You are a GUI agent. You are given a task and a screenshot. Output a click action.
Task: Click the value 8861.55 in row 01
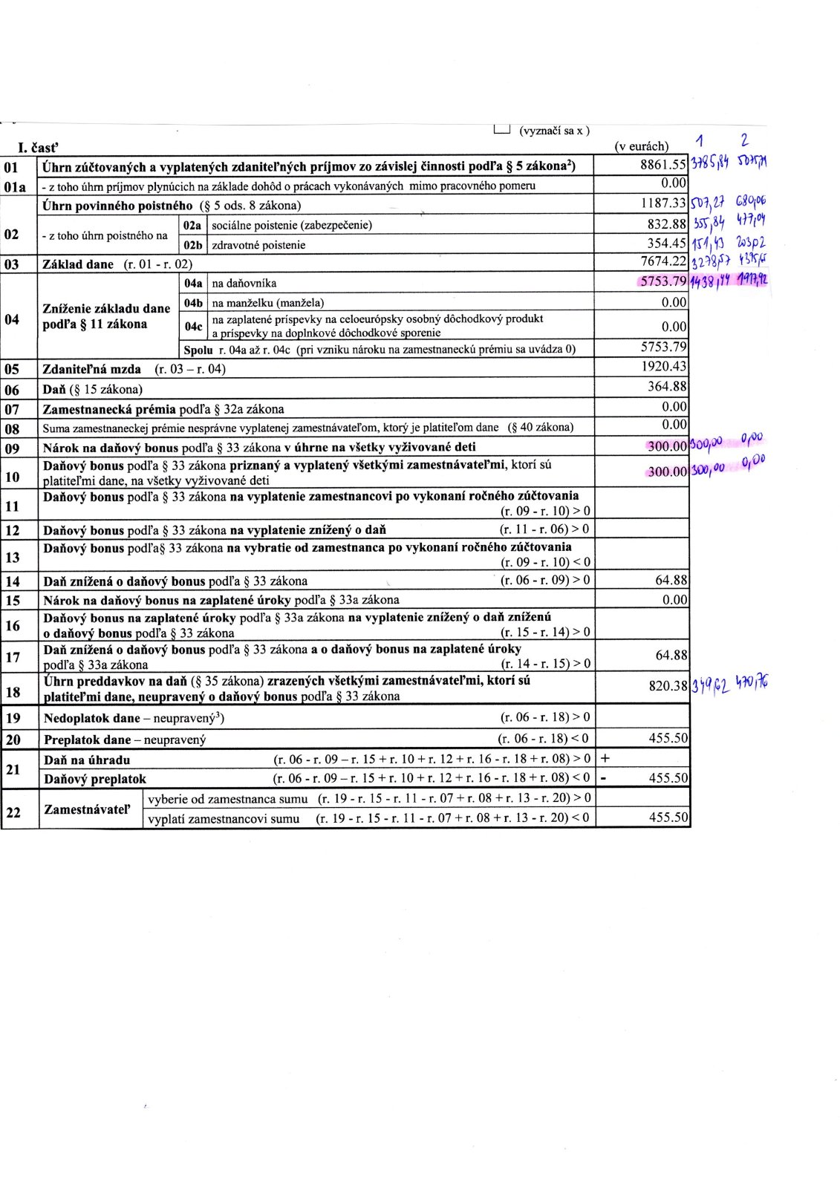662,165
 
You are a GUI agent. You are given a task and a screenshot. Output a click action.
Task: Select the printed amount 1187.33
662,203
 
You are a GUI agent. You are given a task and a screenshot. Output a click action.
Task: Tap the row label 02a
192,224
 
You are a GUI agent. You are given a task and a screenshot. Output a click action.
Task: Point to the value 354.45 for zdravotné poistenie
666,244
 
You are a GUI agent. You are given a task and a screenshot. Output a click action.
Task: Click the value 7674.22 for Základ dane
662,262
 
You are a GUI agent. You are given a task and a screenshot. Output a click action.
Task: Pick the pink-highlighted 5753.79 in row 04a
662,281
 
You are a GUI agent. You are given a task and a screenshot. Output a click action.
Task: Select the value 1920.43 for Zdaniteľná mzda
664,366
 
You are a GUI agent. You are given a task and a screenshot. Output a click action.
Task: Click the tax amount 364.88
667,386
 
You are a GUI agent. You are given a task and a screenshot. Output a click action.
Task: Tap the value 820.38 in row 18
668,685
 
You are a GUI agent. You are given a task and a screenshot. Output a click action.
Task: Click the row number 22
13,812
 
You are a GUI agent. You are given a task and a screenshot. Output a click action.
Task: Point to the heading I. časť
38,148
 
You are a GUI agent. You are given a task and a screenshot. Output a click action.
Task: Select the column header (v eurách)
642,146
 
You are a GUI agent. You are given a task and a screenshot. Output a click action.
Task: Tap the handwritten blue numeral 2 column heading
744,139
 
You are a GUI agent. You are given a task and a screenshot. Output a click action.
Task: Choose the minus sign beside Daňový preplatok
604,778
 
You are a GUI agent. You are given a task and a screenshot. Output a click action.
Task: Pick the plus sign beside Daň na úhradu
605,759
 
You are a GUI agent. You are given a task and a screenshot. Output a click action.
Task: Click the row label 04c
193,326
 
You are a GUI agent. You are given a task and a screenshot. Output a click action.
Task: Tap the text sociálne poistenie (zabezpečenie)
292,224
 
